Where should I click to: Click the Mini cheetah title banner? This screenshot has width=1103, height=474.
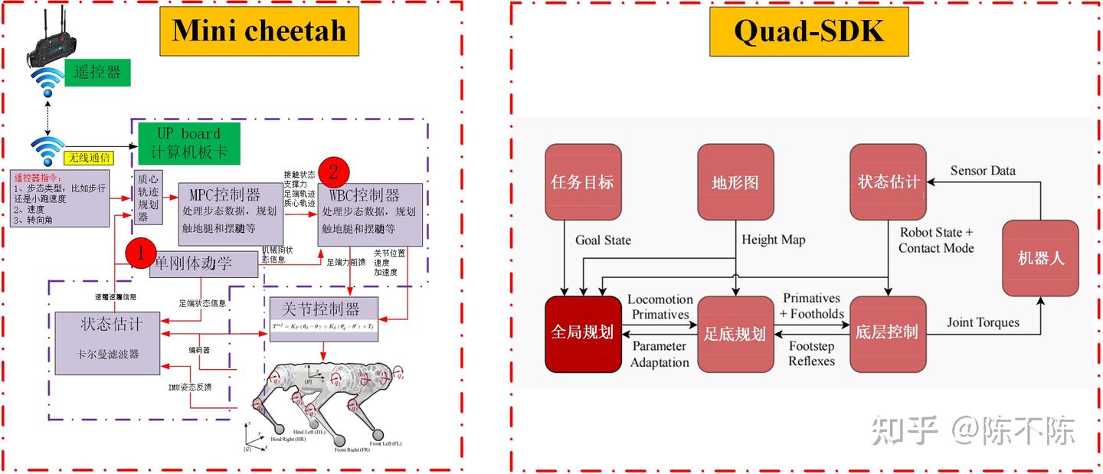point(259,31)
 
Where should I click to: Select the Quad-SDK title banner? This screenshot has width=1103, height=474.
point(808,31)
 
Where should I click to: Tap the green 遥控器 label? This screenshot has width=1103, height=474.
point(97,73)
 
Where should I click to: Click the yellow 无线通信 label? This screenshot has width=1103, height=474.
point(88,159)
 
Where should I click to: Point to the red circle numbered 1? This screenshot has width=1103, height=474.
point(140,252)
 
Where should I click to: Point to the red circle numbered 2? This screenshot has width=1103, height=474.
point(333,171)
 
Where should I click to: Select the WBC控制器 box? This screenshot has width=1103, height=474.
point(369,214)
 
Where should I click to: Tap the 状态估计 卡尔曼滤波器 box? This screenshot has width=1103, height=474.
point(110,342)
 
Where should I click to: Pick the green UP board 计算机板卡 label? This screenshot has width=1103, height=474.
point(188,142)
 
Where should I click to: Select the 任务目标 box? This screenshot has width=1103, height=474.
point(582,181)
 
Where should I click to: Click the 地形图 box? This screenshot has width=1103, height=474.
point(735,181)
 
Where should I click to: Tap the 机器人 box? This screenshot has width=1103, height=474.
point(1040,257)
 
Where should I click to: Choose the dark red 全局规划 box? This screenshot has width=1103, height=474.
point(582,334)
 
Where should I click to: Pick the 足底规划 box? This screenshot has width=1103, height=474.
point(735,334)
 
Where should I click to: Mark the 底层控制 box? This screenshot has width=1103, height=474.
point(887,334)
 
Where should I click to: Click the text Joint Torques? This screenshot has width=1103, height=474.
point(983,322)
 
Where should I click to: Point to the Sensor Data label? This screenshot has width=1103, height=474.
point(983,170)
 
